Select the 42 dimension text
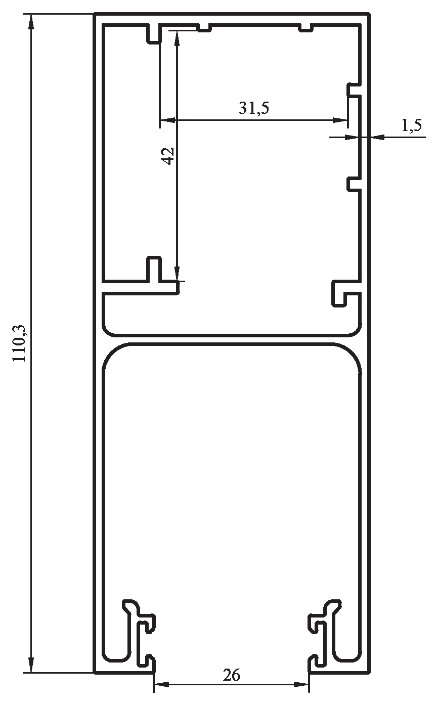point(168,156)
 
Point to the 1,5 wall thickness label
point(412,125)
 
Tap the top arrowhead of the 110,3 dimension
point(31,22)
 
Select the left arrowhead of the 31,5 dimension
point(167,120)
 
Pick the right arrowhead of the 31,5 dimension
point(340,120)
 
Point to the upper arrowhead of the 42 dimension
point(177,38)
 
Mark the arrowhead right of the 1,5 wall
point(378,137)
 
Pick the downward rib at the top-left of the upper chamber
point(154,33)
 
